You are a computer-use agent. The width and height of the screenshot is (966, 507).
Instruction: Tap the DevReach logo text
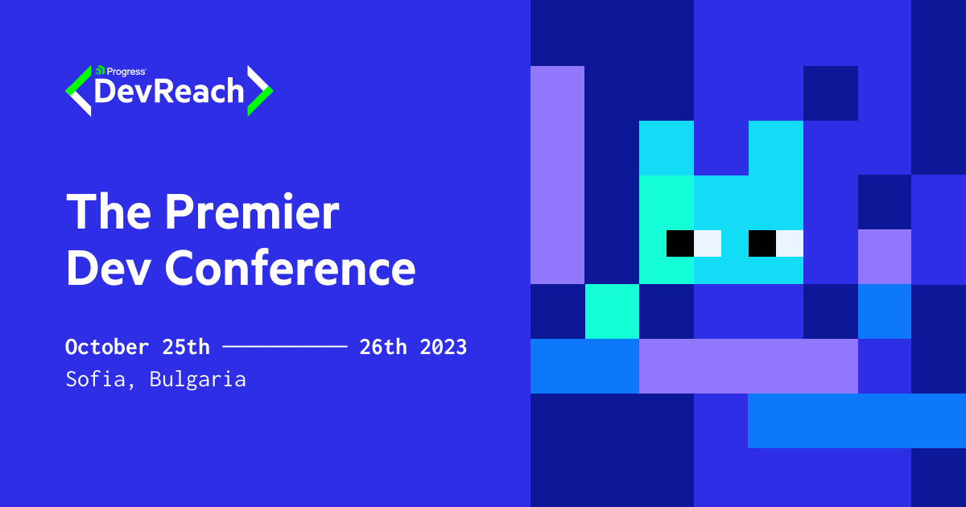pos(169,92)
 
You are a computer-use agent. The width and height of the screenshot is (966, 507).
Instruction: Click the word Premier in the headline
pos(252,213)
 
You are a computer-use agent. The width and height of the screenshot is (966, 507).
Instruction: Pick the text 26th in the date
pos(383,347)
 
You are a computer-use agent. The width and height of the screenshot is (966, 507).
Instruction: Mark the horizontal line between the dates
pos(284,347)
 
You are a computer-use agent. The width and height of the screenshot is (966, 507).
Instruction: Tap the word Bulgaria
pos(198,380)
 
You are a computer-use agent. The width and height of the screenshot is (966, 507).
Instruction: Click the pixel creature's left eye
pos(693,243)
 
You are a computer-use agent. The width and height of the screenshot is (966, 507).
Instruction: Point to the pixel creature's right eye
pos(775,243)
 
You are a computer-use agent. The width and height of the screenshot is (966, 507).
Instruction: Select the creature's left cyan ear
pos(667,148)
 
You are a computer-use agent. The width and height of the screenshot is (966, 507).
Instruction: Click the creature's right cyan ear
pos(776,148)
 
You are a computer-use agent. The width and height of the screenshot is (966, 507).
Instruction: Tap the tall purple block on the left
pos(557,175)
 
